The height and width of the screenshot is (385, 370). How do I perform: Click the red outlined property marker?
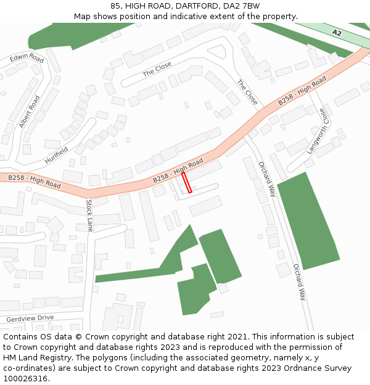(186, 182)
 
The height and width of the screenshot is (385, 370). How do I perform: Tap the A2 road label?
(336, 33)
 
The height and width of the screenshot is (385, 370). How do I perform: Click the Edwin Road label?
(27, 59)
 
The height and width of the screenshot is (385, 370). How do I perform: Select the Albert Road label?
(29, 111)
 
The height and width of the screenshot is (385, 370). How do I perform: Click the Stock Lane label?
(89, 216)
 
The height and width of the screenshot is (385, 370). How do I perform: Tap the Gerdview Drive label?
(30, 318)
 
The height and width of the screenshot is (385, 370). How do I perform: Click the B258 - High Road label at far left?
(34, 181)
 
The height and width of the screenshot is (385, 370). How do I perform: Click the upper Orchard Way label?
(266, 179)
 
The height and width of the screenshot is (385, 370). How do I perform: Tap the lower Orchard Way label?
(299, 282)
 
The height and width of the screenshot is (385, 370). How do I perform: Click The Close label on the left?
(157, 70)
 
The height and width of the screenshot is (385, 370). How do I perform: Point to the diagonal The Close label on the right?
(247, 92)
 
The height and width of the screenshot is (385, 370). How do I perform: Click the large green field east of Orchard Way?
(308, 221)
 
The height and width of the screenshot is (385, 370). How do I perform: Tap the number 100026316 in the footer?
(25, 378)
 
